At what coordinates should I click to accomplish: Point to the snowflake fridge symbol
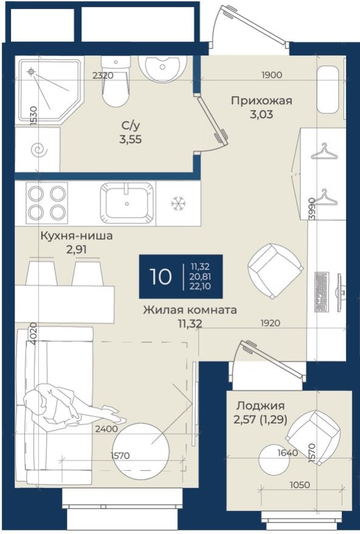tap(178, 203)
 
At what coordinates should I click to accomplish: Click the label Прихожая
tap(261, 101)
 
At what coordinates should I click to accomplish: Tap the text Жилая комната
tap(189, 310)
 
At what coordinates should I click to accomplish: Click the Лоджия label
tap(260, 405)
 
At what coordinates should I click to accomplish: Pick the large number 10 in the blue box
tap(161, 277)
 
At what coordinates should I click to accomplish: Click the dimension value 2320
tap(103, 76)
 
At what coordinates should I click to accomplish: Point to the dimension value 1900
tap(272, 76)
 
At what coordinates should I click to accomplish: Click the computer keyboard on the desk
tap(321, 292)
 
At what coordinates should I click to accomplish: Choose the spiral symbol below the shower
tap(38, 148)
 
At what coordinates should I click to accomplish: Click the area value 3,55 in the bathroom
tap(131, 138)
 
